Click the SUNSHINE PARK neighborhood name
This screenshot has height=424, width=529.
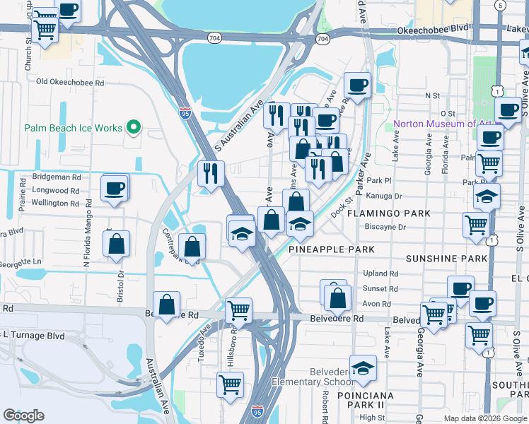click(x=446, y=259)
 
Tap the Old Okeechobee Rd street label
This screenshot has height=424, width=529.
click(x=70, y=82)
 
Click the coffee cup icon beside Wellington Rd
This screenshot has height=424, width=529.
click(x=115, y=189)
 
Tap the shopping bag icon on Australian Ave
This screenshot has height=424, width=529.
click(x=166, y=305)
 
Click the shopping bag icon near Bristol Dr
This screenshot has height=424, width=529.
click(x=117, y=244)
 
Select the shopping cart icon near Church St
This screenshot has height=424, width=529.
click(x=45, y=30)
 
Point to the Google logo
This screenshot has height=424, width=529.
click(x=23, y=416)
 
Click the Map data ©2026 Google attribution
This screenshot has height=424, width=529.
click(x=485, y=418)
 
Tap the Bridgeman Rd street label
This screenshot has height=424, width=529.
click(x=57, y=177)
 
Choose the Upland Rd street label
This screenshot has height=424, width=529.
click(x=380, y=273)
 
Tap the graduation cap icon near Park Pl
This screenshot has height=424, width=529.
click(x=487, y=196)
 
